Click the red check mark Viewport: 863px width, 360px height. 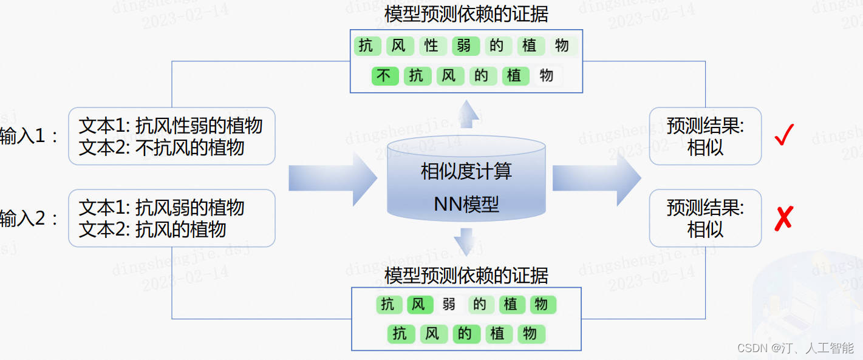coord(784,135)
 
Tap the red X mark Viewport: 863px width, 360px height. coord(783,217)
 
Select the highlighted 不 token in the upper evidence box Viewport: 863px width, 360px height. coord(384,76)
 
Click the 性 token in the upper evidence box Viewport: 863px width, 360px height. coord(431,46)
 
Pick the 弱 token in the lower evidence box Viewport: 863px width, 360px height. coord(449,304)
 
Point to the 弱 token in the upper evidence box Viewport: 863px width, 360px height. coord(465,46)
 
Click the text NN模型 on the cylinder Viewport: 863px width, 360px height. coord(466,204)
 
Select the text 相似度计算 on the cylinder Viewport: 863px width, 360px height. coord(466,171)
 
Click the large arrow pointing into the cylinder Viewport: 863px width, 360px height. coord(332,178)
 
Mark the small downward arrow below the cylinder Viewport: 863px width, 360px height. coord(466,241)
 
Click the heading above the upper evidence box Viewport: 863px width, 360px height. coord(466,14)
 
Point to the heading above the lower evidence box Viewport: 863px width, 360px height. coord(466,276)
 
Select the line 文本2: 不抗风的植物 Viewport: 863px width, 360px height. coord(162,148)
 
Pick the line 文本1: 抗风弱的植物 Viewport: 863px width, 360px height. coord(162,208)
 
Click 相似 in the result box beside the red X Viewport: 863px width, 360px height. coord(705,229)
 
